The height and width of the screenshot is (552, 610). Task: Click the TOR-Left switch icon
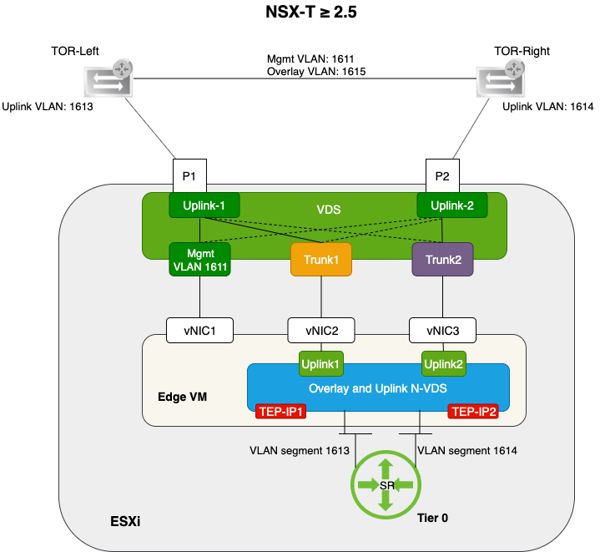(x=108, y=80)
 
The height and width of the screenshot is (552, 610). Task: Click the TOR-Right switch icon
(x=502, y=80)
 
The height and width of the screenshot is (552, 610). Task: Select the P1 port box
(x=189, y=176)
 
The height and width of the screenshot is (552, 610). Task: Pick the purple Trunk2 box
(x=442, y=260)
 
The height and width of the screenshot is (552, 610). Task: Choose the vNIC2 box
(x=320, y=330)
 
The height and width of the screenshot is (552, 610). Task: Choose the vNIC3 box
(x=442, y=330)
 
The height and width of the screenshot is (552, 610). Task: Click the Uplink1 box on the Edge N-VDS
(x=320, y=364)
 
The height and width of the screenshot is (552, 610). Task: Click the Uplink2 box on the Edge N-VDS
(x=443, y=364)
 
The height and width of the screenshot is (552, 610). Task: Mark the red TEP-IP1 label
(x=280, y=411)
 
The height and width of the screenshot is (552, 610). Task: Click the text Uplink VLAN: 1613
(x=48, y=107)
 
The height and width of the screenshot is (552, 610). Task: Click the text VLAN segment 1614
(x=466, y=450)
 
